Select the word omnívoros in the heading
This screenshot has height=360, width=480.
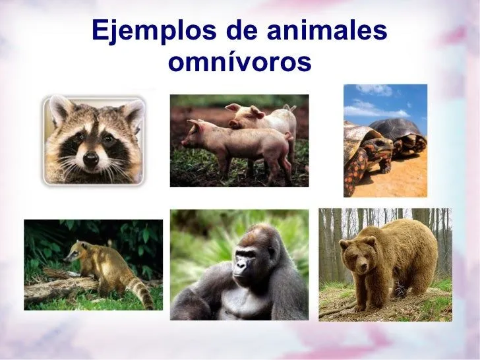coord(239,63)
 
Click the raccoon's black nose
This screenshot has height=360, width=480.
coord(91,158)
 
